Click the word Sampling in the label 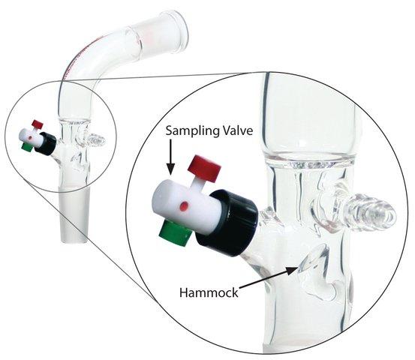coord(191,131)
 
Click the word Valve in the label coord(237,130)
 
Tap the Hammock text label coord(209,293)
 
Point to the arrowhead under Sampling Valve coord(170,169)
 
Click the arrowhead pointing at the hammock coord(293,270)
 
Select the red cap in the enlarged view coord(204,167)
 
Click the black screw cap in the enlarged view coord(227,223)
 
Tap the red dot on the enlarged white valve coord(184,205)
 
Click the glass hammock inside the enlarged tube coord(315,260)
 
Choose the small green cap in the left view coord(27,147)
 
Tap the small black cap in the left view coord(45,143)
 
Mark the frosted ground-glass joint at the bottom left coord(74,214)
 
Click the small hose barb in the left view coord(96,139)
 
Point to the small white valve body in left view coord(32,137)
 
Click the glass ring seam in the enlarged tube coord(310,160)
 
